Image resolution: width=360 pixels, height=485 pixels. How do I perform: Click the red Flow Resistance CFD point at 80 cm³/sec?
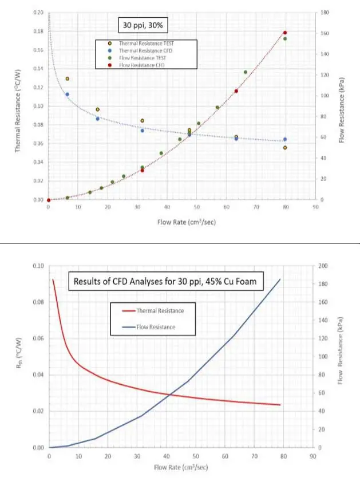pyautogui.click(x=285, y=33)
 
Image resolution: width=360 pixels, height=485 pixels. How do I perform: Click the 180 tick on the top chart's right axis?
pyautogui.click(x=324, y=13)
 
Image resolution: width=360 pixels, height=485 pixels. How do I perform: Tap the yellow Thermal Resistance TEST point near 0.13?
pyautogui.click(x=67, y=79)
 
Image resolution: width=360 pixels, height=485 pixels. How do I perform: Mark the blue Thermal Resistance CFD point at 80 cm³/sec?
pyautogui.click(x=285, y=139)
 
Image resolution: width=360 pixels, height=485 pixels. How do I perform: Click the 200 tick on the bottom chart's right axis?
pyautogui.click(x=323, y=266)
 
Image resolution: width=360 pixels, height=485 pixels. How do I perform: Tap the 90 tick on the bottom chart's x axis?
pyautogui.click(x=312, y=457)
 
